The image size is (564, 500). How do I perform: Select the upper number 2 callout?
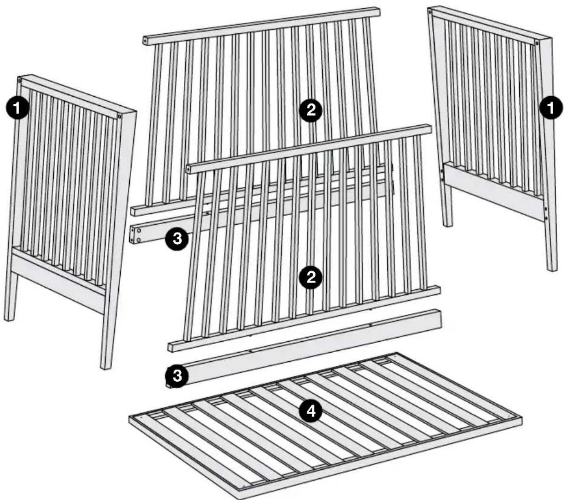(311, 110)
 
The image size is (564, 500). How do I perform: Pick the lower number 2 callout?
(311, 277)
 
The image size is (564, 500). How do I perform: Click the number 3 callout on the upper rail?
(177, 238)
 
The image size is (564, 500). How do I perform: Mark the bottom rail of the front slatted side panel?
(303, 318)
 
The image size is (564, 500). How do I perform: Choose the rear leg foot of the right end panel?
(447, 222)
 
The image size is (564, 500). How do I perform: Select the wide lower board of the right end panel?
(493, 192)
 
